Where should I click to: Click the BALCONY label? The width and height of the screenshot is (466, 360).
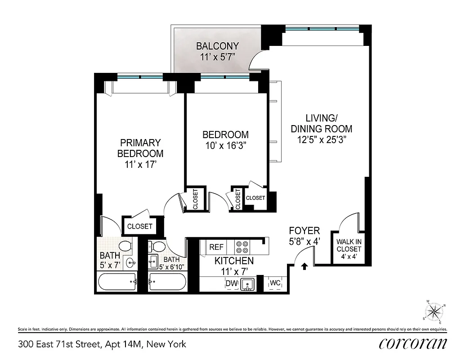click(x=217, y=46)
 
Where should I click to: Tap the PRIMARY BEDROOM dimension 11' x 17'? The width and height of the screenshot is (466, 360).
click(x=140, y=164)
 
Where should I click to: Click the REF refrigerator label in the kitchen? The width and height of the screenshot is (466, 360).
click(x=216, y=247)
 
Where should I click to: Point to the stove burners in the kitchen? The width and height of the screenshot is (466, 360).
click(x=242, y=247)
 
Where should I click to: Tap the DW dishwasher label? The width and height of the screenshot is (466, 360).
click(x=231, y=283)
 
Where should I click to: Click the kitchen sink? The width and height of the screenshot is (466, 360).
click(x=246, y=284)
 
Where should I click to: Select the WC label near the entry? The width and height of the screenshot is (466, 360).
click(x=275, y=283)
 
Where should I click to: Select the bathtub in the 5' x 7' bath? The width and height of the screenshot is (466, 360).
click(x=117, y=283)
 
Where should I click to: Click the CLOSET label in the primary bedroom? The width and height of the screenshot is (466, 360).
click(x=139, y=226)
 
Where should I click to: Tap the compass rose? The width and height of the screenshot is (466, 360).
click(x=435, y=311)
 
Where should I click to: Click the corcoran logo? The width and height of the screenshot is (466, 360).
click(x=413, y=343)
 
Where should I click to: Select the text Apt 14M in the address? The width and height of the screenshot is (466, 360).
click(x=123, y=345)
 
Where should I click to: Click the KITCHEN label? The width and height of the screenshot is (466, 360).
click(x=234, y=261)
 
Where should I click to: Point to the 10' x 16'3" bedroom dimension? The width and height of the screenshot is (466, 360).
click(x=225, y=145)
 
